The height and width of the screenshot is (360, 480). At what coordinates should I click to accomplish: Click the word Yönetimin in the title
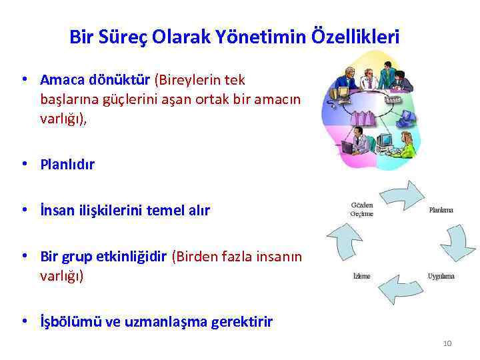click(x=263, y=37)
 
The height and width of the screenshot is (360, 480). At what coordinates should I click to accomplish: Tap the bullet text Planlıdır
click(x=67, y=164)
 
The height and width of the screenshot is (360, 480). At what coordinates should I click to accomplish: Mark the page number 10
click(x=447, y=343)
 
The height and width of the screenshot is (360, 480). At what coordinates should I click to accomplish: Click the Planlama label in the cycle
click(x=441, y=210)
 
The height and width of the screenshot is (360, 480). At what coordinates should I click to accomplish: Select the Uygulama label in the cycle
click(x=441, y=276)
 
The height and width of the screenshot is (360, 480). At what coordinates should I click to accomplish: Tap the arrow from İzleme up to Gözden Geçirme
click(x=343, y=242)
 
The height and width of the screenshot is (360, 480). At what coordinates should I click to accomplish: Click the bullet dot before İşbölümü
click(x=24, y=321)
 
